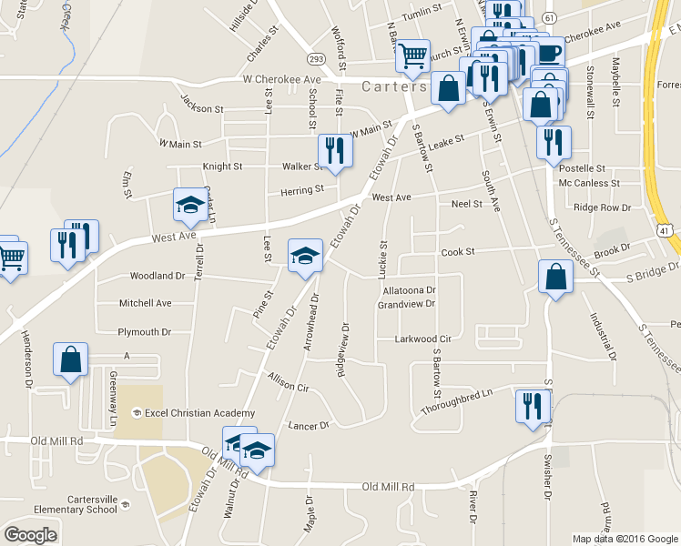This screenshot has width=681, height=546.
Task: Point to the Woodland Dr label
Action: (158, 276)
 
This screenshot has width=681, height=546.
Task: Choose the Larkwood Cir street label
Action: (422, 339)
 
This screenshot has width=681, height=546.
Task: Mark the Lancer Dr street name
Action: (308, 425)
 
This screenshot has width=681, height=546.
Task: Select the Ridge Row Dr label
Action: (603, 207)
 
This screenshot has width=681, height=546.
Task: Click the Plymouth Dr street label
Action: (145, 332)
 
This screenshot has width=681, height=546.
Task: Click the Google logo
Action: (31, 534)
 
